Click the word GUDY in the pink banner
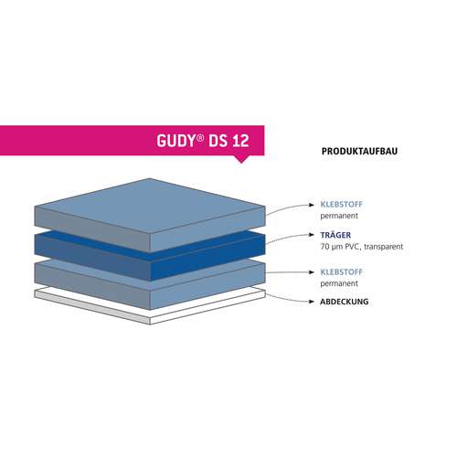(175, 141)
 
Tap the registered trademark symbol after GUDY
(200, 138)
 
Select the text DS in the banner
(218, 141)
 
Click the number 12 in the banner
(240, 141)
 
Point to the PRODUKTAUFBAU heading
(359, 152)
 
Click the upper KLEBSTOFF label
(342, 204)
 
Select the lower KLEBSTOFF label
(342, 271)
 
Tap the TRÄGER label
(335, 235)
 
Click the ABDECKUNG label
(345, 302)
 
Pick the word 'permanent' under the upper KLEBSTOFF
(339, 216)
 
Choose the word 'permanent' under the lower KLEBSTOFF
(339, 283)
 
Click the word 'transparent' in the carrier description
(384, 247)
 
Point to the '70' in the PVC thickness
(324, 247)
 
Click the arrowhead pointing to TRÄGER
(312, 235)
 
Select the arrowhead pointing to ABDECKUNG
(312, 302)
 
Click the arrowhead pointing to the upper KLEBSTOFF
(312, 205)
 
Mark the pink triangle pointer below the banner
(241, 159)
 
